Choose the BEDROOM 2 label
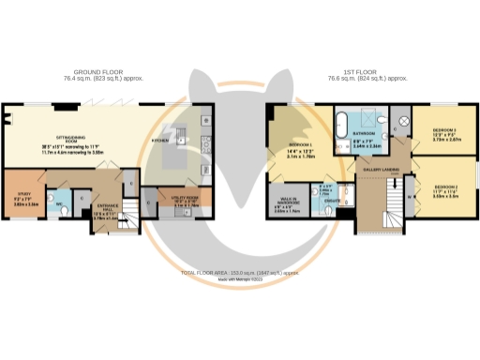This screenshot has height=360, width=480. [x=438, y=187]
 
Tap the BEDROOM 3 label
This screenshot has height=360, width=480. [x=438, y=131]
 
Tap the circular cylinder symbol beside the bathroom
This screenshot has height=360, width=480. [x=404, y=122]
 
